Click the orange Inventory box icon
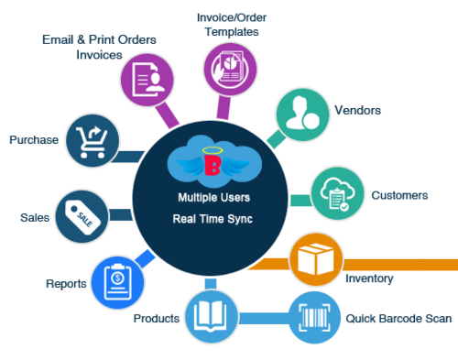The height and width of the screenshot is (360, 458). coord(314,259)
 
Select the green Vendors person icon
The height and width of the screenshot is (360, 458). coord(301,113)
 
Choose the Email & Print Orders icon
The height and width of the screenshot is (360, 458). coord(148,80)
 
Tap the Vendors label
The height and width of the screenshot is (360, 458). coord(362,110)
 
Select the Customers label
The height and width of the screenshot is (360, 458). coord(399,195)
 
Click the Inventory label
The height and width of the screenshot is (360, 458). coord(370,278)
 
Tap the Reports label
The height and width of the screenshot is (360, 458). coord(65,283)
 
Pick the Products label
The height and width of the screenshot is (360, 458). coord(156,318)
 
